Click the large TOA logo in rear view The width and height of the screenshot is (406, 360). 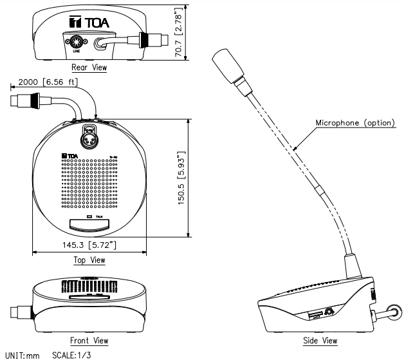pos(91,24)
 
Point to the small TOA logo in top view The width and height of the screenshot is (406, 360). pos(70,155)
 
